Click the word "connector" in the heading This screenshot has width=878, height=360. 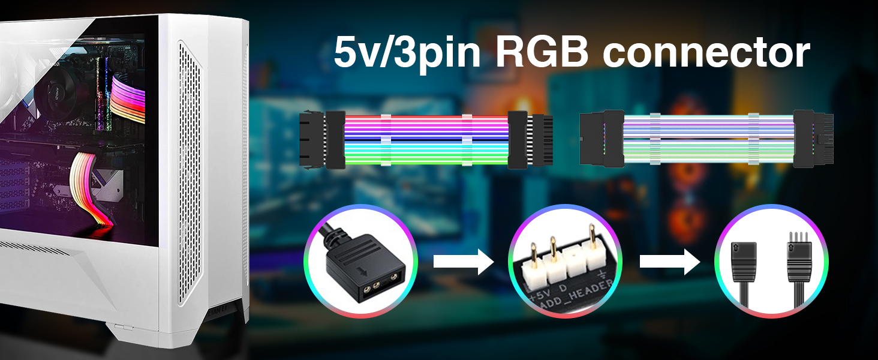(706, 53)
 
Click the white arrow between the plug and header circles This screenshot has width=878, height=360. (462, 262)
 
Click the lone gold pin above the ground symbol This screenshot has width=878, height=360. (595, 246)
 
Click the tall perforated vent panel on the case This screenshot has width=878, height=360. (193, 168)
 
